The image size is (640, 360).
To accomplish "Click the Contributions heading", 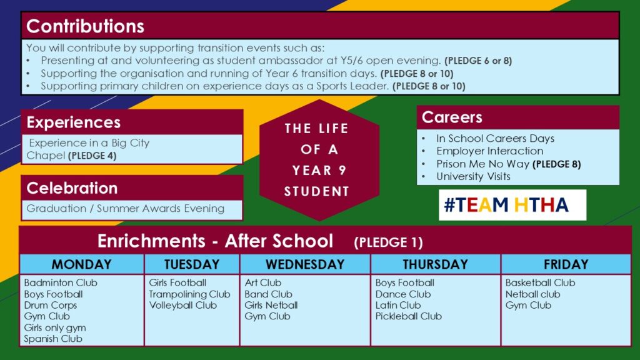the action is coord(85,26).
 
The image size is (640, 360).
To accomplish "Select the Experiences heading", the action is coord(74,122).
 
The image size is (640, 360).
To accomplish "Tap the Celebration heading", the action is coord(72,188).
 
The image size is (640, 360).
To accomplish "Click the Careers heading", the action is coord(452,117).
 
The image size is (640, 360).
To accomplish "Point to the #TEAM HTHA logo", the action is coord(512,205).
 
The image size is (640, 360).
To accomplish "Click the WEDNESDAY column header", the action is coord(305,264).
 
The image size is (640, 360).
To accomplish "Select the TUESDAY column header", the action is coord(192,264).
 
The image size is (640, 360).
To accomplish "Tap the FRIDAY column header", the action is coord(566,264).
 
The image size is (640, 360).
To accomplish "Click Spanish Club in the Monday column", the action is coord(53,339).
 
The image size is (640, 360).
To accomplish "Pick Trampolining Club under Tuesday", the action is coord(189,294).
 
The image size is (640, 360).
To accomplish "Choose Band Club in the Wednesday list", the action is coord(268,294).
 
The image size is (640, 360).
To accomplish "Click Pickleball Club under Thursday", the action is coord(408,316).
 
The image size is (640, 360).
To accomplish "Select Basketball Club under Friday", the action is coord(540,282).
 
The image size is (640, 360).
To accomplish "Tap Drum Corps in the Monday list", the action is coord(50,305).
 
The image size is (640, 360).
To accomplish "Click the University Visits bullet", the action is coord(473,176).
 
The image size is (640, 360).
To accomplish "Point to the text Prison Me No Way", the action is coord(483,164).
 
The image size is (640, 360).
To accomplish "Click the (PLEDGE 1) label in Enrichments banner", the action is coord(388,242).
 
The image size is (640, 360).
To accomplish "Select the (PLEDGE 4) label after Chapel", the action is coord(92,156).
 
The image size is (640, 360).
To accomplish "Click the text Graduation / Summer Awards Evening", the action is coord(125,209).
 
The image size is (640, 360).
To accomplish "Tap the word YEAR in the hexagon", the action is coord(312,170).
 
